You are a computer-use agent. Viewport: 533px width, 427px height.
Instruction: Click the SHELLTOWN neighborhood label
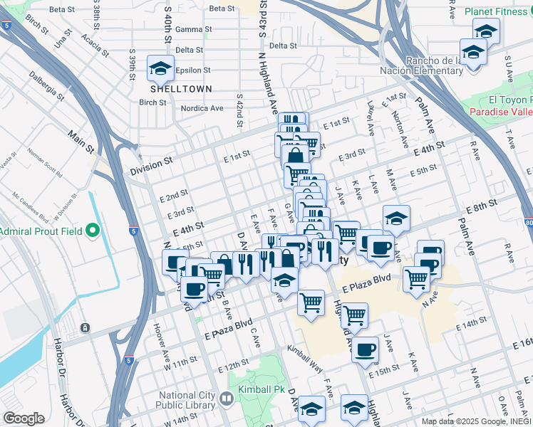[171, 89]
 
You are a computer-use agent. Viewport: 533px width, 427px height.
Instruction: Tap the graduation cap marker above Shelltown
[161, 69]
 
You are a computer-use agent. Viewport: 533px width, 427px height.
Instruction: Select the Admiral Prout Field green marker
[92, 231]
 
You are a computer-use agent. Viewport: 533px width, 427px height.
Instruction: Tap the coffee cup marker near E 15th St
[366, 349]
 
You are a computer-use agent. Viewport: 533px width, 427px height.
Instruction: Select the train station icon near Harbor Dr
[85, 328]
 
